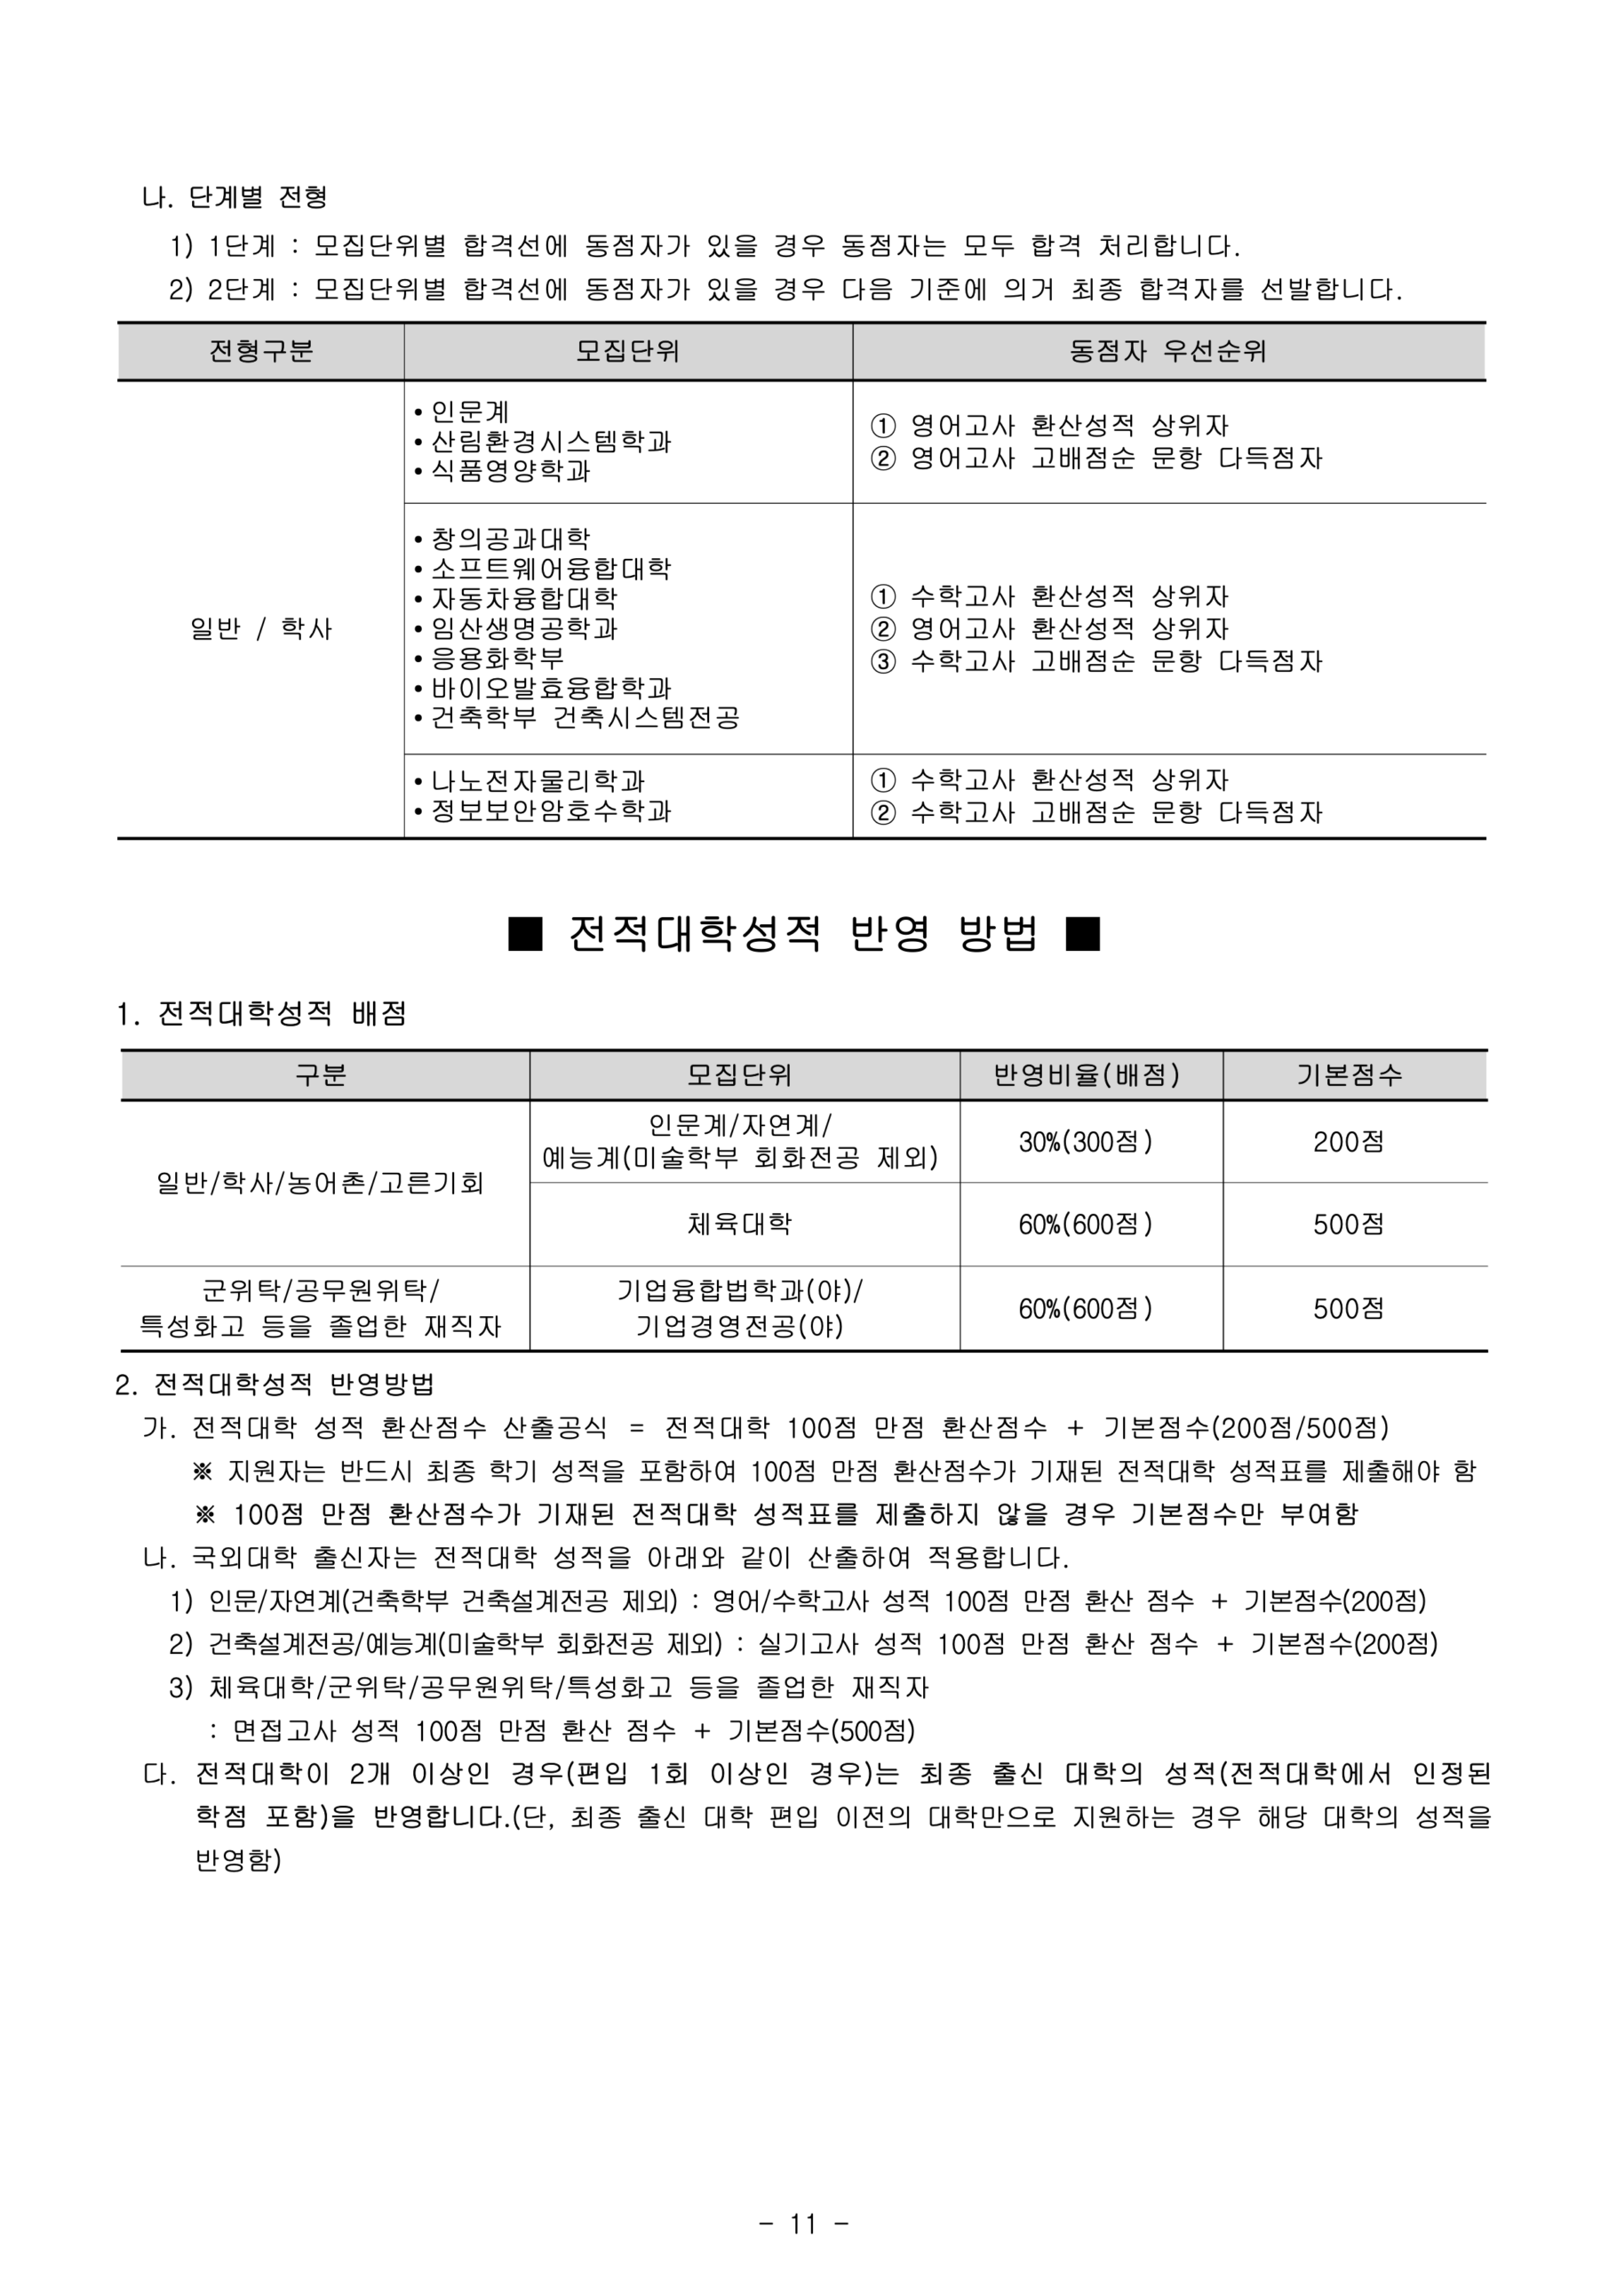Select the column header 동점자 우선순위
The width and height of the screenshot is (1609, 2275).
[1168, 352]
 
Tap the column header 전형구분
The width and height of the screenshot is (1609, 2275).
[260, 352]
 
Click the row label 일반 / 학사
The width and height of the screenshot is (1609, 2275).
[260, 629]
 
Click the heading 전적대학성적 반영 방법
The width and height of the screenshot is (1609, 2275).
[803, 934]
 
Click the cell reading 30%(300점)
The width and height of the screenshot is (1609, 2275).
[1086, 1143]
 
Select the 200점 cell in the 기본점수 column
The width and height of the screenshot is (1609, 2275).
[1349, 1143]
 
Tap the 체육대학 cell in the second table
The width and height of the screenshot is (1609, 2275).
[739, 1225]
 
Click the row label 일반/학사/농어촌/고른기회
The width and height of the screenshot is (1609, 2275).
[320, 1183]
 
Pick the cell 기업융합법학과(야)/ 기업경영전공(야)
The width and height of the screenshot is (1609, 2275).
[739, 1309]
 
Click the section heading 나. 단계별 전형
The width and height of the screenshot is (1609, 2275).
[235, 197]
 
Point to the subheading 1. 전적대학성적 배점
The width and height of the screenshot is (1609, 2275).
[261, 1014]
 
